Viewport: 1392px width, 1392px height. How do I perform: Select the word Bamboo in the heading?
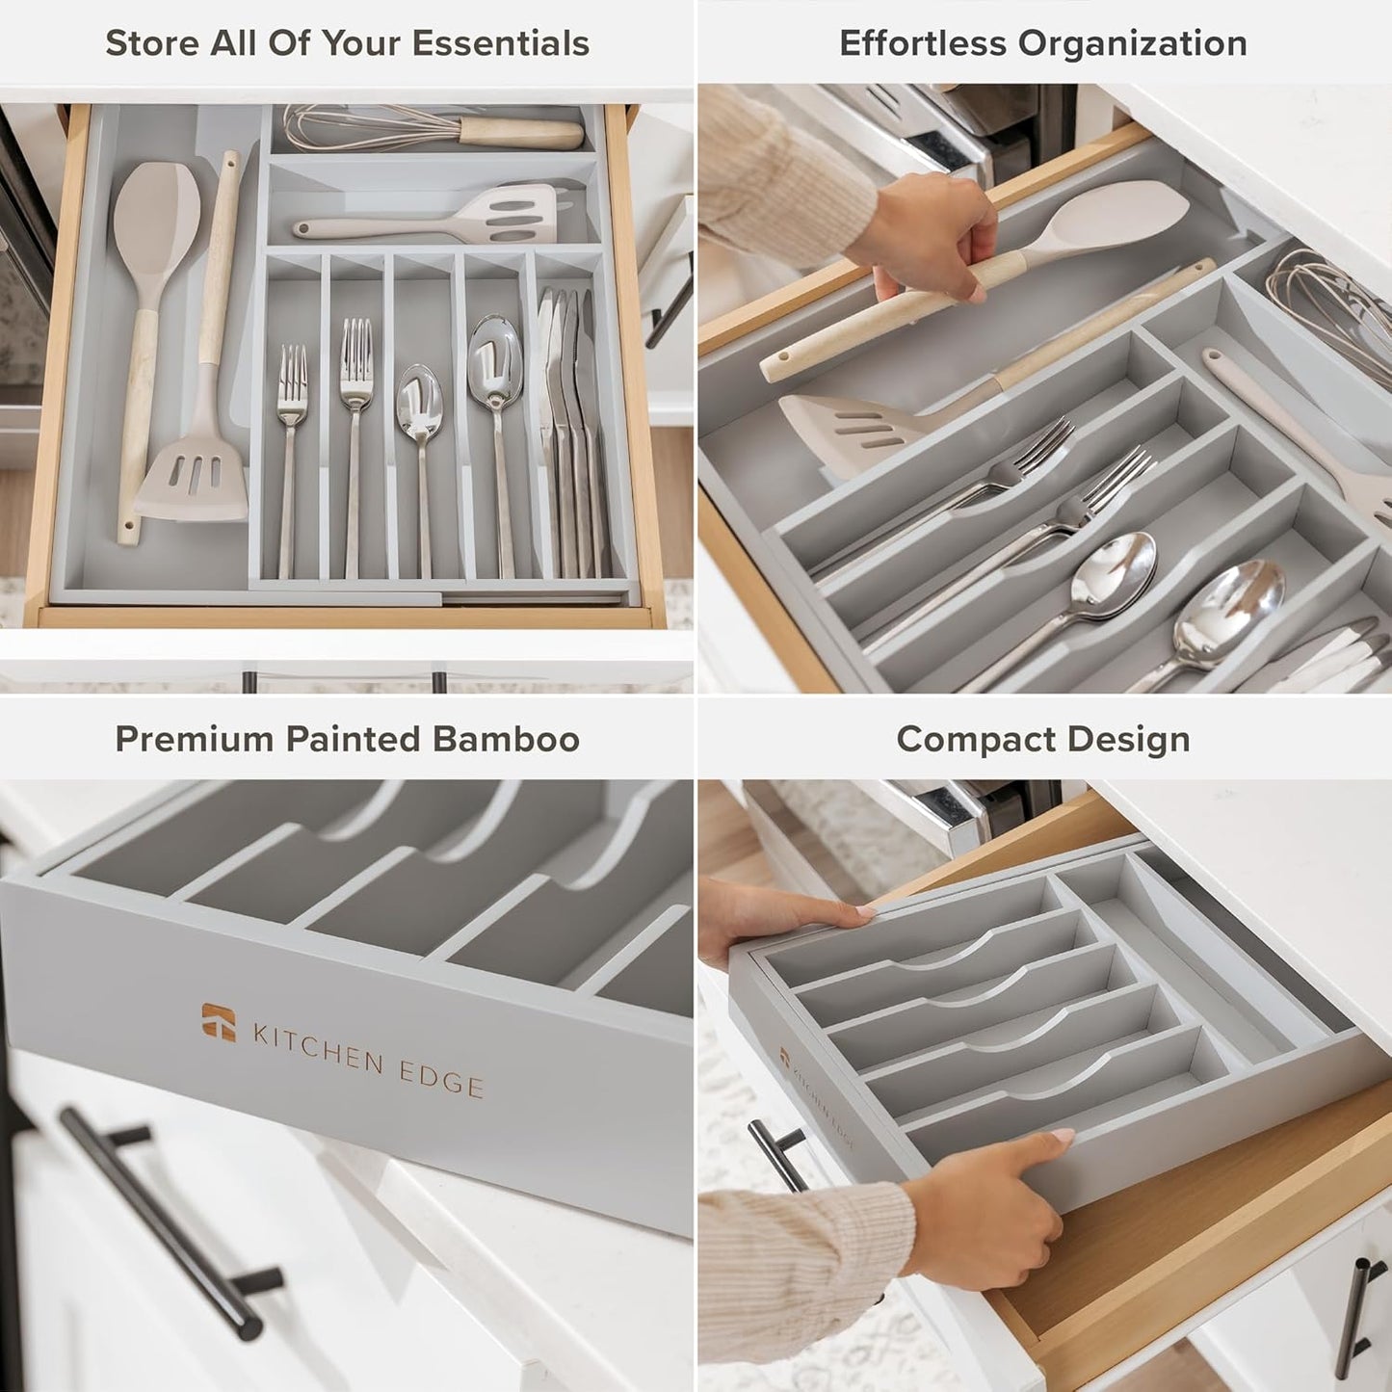[506, 739]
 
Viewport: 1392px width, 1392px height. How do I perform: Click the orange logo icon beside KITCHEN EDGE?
[219, 1022]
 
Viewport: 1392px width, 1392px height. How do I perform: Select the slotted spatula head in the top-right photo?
[848, 424]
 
